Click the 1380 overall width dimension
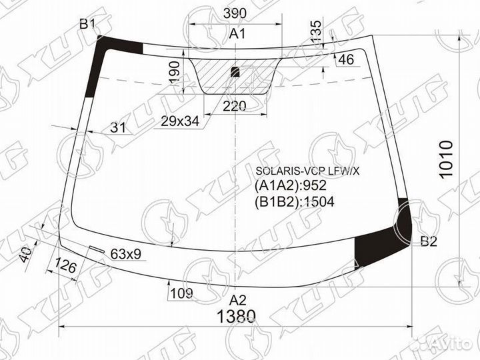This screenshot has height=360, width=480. click(x=236, y=316)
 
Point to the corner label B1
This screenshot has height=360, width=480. click(x=87, y=25)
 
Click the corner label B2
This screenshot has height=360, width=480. click(x=427, y=242)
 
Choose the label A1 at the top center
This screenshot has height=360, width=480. click(x=237, y=33)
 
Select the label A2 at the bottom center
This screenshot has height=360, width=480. click(x=238, y=299)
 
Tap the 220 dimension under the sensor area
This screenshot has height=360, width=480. click(x=235, y=106)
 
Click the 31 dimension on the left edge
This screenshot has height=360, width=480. click(x=117, y=128)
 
